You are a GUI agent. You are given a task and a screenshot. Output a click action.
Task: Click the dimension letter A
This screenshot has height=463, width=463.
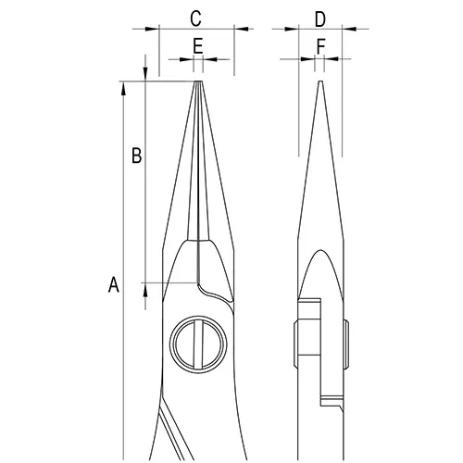point(114,284)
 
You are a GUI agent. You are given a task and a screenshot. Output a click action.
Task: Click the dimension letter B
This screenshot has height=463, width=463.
point(137,156)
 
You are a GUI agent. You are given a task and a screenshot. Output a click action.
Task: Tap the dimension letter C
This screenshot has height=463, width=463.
point(196,19)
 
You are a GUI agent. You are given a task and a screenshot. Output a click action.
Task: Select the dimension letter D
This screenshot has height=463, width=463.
point(320,19)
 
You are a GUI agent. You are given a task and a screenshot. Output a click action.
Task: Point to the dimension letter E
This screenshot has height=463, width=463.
point(198,46)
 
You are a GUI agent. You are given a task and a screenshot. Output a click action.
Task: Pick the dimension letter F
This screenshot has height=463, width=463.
point(321,46)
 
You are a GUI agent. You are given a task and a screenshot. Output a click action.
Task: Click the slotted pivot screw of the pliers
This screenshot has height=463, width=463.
point(198,344)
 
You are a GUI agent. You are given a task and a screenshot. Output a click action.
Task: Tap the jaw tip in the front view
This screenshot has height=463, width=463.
point(198,82)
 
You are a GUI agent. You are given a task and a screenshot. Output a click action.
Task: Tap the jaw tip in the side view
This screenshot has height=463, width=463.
point(320,82)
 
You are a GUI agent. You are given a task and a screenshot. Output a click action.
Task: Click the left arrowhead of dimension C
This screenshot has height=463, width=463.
point(152,29)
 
